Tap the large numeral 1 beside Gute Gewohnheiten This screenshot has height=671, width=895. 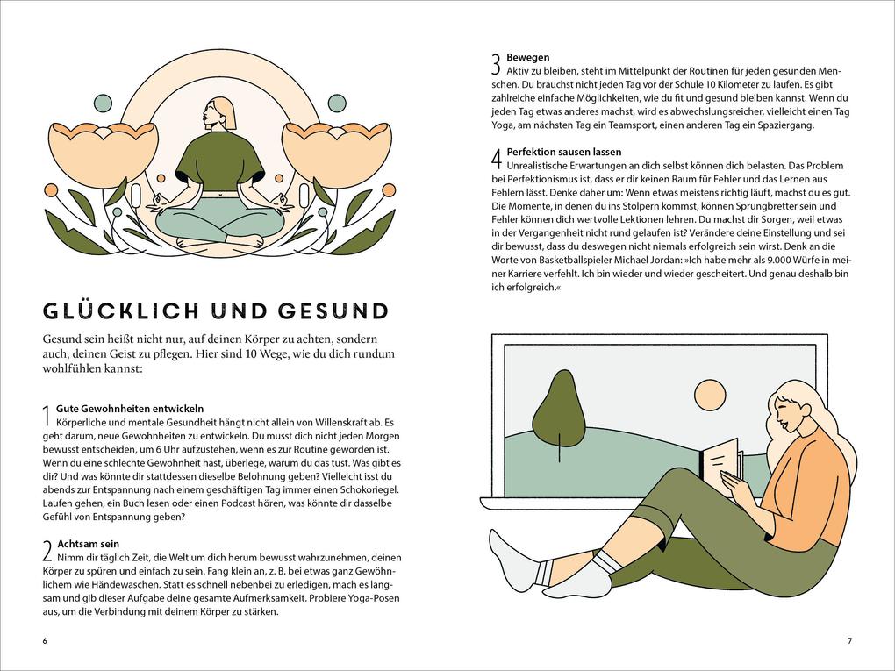coord(47,418)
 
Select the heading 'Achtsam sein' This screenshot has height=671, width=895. coord(88,544)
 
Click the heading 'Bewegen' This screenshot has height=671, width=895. coord(528,57)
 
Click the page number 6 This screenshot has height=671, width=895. coord(45,640)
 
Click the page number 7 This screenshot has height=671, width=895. coord(848,640)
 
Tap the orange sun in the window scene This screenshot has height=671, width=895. coord(711,396)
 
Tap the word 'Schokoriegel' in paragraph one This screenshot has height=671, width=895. coord(370,489)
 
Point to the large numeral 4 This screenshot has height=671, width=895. coord(496,160)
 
